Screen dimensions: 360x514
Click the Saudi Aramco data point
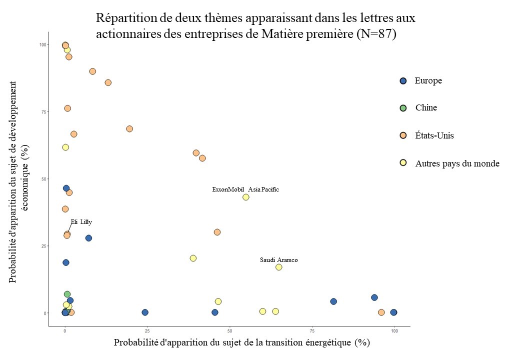[x=279, y=267]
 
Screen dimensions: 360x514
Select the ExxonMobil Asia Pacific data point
[x=246, y=197]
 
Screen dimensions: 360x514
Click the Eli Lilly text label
[x=81, y=222]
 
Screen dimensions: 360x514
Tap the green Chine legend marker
[x=403, y=107]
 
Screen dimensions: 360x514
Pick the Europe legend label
[x=428, y=80]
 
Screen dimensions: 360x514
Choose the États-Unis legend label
[x=434, y=135]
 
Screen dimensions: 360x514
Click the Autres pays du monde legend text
[x=457, y=163]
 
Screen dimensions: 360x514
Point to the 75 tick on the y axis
[x=43, y=111]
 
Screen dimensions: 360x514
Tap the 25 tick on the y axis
[x=43, y=246]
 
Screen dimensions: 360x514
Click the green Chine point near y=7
[x=67, y=294]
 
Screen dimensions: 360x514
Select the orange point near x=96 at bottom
[x=381, y=312]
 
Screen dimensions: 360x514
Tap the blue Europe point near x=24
[x=145, y=312]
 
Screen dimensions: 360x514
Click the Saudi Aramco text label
[x=278, y=260]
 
